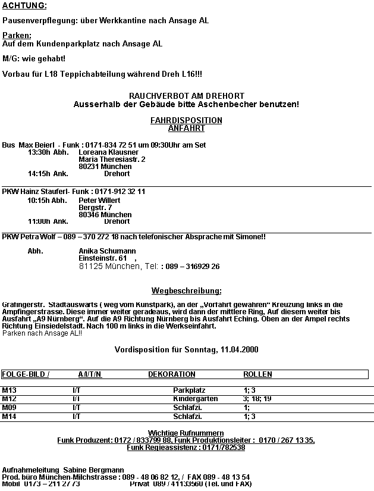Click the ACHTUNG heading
(x=24, y=6)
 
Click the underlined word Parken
(x=17, y=36)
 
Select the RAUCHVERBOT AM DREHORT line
(x=186, y=96)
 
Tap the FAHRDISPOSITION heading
(x=186, y=120)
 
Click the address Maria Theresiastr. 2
(x=112, y=160)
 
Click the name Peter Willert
(x=99, y=201)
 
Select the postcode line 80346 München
(x=105, y=215)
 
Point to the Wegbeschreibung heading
(x=186, y=291)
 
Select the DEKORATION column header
(x=171, y=374)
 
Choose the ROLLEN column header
(x=257, y=374)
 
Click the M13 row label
(x=10, y=390)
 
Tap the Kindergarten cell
(x=195, y=399)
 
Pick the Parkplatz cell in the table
(x=189, y=390)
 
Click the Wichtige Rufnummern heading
(x=186, y=432)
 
